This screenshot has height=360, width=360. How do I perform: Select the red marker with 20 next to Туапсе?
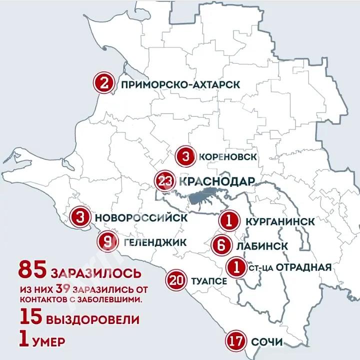point(176,280)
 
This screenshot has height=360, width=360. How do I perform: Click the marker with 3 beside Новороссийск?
point(80,217)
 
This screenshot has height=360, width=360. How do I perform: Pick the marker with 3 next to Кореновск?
point(185,157)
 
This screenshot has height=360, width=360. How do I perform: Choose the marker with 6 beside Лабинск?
point(221,246)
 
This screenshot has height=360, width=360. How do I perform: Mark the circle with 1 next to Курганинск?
point(227,220)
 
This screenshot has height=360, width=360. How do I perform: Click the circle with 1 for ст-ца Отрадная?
point(236,266)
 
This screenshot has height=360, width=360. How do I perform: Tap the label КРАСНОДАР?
point(216,181)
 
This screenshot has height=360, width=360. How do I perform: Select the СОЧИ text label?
point(267,342)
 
